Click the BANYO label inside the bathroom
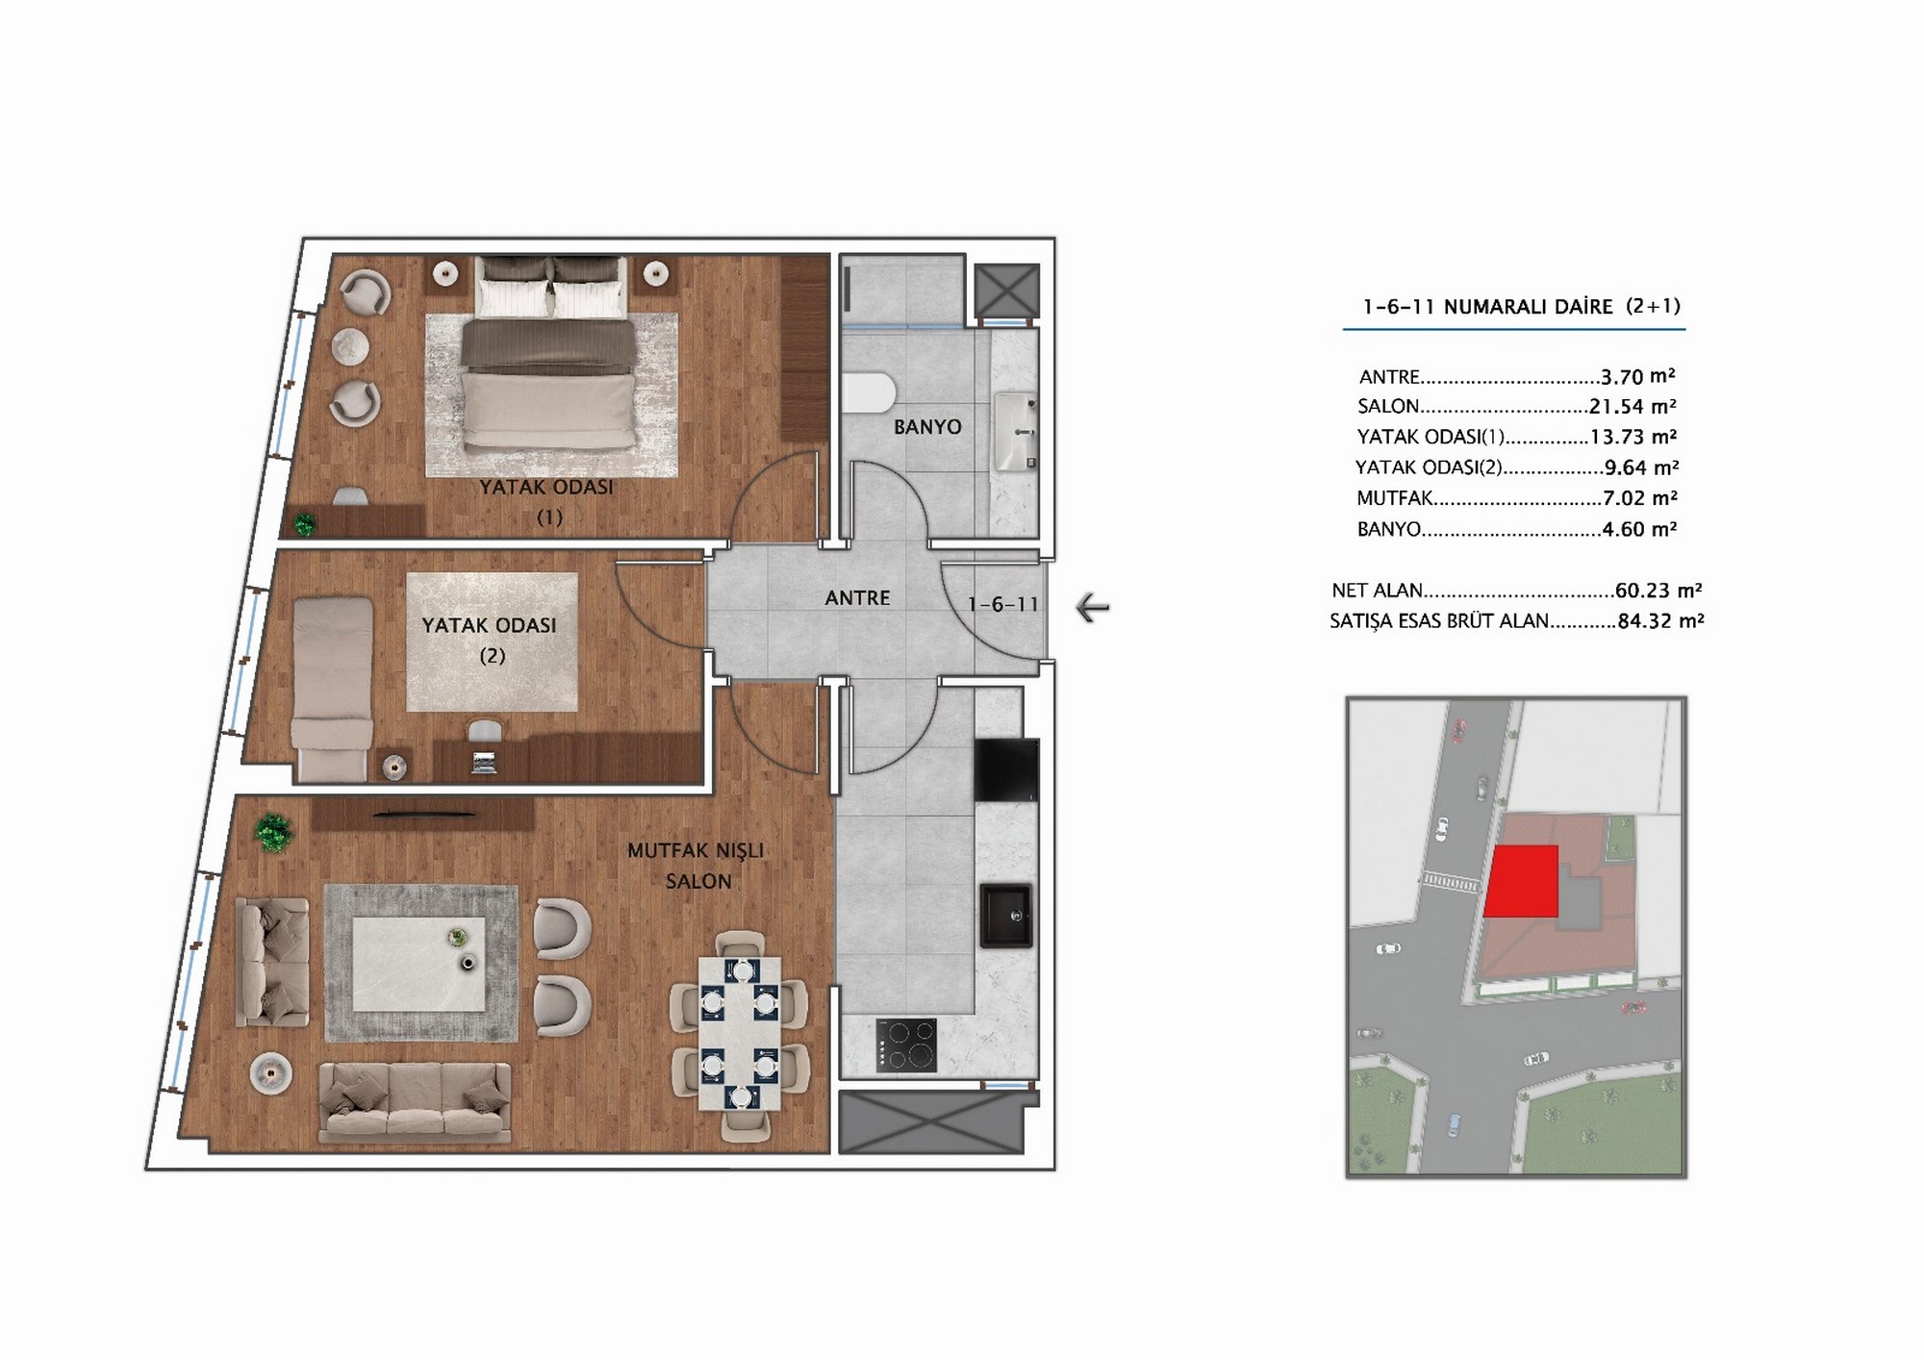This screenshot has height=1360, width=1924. (927, 427)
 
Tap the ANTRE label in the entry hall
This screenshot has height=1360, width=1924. (857, 598)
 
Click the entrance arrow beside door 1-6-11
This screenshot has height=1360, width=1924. (1093, 608)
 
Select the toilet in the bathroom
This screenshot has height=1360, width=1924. (870, 393)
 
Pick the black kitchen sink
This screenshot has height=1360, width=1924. (1006, 916)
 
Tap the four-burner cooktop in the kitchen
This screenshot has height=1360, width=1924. (906, 1045)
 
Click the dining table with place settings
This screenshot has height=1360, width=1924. (739, 1033)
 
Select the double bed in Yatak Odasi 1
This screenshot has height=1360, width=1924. (549, 354)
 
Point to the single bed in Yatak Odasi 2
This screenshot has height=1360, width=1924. (332, 689)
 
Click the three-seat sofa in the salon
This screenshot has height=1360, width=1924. (415, 1102)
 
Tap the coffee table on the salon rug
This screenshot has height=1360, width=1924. (419, 964)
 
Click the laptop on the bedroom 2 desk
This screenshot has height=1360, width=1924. (484, 763)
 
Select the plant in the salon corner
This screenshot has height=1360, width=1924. (273, 833)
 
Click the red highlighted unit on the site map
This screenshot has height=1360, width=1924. (1521, 881)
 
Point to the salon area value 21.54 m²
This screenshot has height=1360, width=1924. (1633, 407)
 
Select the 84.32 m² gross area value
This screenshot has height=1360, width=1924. (1660, 621)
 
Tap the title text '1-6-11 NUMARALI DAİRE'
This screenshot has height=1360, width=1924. (1487, 307)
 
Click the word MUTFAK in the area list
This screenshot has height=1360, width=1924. (1395, 498)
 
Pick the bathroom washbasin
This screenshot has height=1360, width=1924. (1015, 431)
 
